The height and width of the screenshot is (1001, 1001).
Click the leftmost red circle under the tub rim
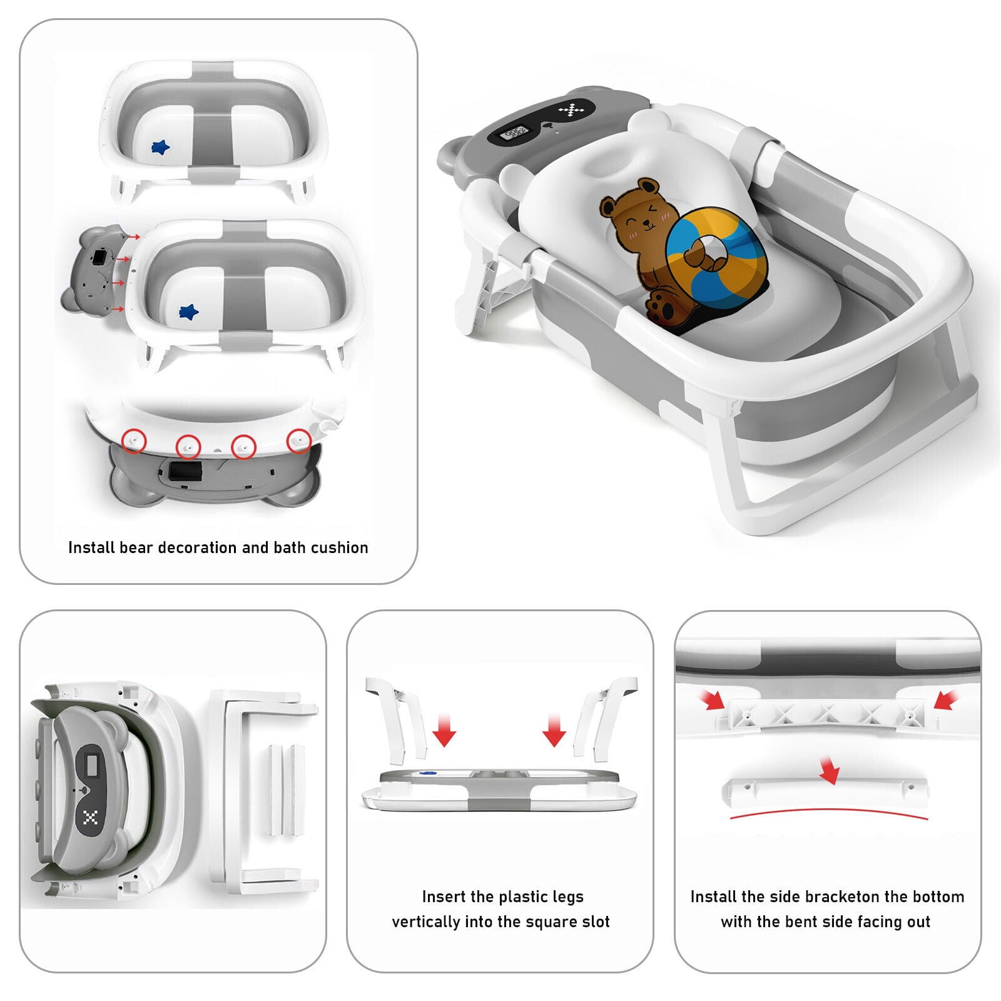click(134, 440)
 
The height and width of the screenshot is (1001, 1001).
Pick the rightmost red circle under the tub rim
click(299, 440)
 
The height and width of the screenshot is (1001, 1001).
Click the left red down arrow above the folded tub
click(444, 729)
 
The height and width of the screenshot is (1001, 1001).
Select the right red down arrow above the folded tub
click(554, 729)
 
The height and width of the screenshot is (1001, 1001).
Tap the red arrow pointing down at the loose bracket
click(830, 770)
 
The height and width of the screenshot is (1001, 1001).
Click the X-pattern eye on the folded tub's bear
click(91, 817)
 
